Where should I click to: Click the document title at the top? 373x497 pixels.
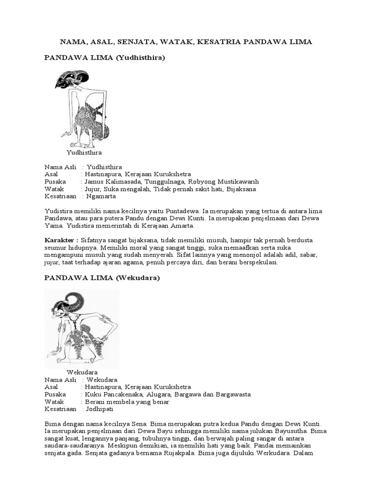point(186,42)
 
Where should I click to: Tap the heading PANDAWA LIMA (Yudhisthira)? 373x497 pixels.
point(105,58)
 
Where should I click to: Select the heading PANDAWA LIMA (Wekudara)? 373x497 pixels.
point(102,278)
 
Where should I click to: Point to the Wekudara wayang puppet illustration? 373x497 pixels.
point(82,329)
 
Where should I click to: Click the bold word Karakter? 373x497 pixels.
point(61,240)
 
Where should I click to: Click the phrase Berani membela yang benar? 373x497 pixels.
point(127,402)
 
